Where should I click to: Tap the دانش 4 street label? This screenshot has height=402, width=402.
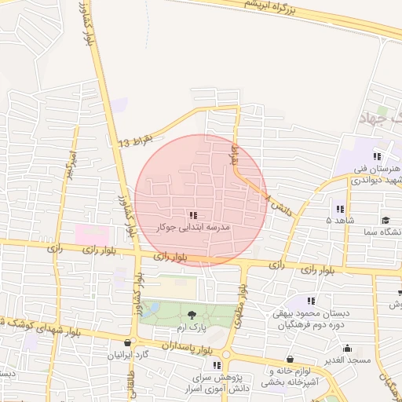click(278, 206)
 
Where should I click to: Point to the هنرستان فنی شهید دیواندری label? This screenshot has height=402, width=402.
click(376, 174)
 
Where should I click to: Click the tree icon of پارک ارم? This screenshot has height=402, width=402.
click(192, 316)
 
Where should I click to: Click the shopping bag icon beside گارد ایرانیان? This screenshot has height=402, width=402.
click(128, 342)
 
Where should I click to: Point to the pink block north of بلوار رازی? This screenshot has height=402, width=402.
click(91, 234)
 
